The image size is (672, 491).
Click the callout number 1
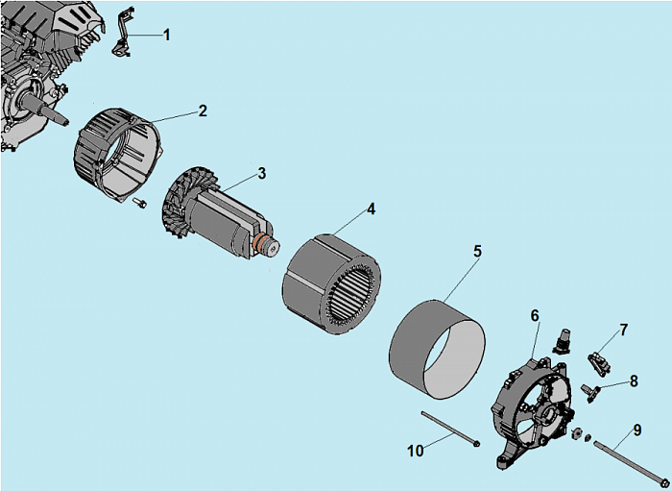click(167, 35)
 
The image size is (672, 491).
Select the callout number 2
click(203, 110)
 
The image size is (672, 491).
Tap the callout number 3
click(261, 174)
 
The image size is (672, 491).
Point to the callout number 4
click(371, 209)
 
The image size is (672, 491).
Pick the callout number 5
click(477, 251)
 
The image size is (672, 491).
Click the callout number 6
click(535, 315)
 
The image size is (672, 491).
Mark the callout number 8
click(633, 381)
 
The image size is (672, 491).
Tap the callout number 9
click(636, 429)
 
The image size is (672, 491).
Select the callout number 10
click(414, 450)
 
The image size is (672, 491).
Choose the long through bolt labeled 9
click(629, 462)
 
